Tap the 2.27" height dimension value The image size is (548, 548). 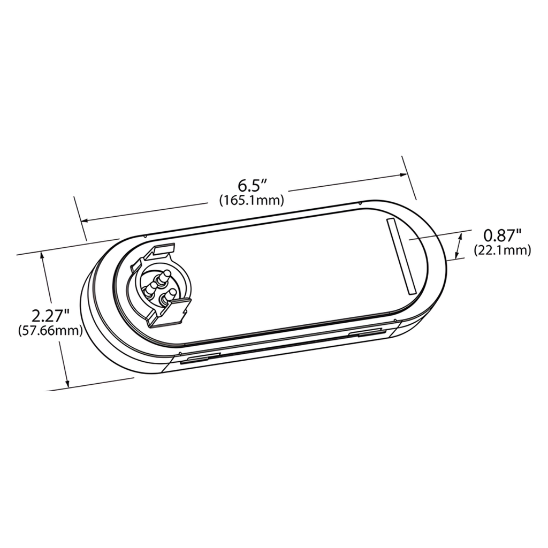click(x=50, y=315)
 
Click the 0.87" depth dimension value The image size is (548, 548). click(x=502, y=234)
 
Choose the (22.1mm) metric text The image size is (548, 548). click(x=502, y=249)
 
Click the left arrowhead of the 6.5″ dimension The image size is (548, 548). click(x=83, y=220)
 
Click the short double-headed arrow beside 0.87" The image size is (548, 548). click(x=459, y=246)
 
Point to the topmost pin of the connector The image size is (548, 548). click(x=165, y=276)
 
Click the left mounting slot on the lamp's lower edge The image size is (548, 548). click(x=200, y=359)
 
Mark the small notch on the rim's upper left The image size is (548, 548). click(x=144, y=236)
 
